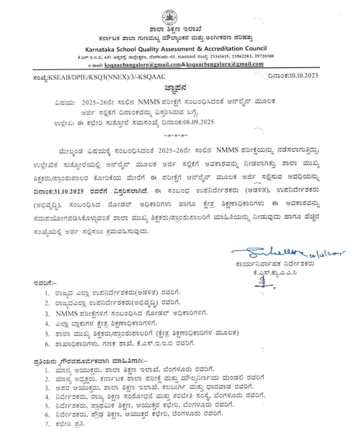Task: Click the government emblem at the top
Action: click(169, 17)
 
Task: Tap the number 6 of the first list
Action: click(47, 343)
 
